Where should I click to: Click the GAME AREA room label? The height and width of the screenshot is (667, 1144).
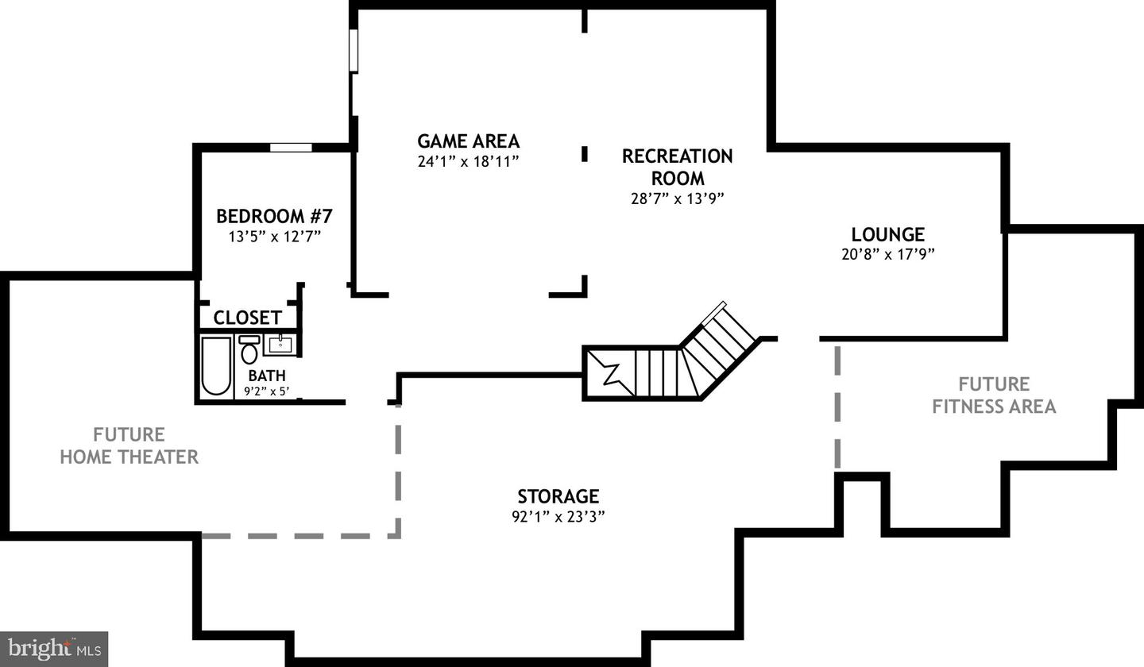point(468,141)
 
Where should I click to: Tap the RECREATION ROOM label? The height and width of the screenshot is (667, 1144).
point(677,167)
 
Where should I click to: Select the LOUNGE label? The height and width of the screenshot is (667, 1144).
point(887,234)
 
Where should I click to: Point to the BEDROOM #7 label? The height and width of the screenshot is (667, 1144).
point(274,216)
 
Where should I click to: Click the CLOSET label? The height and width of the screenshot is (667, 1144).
point(247,318)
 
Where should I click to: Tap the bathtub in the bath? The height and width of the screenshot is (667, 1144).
point(215,365)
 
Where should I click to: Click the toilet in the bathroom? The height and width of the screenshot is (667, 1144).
point(249,350)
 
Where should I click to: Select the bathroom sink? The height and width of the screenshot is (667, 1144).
point(280,345)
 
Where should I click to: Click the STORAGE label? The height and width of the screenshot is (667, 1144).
point(558,496)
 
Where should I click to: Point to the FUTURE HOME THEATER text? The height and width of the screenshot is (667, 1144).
point(129,445)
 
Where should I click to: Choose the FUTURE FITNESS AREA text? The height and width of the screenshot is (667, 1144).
point(994,395)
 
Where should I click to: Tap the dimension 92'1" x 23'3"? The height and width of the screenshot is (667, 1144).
point(558,517)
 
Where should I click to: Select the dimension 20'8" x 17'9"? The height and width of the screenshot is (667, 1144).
point(887,254)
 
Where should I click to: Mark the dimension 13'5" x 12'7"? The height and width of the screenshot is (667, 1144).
point(274,237)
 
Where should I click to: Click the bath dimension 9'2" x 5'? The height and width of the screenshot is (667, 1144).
point(266,391)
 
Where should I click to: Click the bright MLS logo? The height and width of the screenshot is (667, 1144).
point(54,649)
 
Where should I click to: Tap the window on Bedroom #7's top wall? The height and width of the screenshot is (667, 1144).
point(291,147)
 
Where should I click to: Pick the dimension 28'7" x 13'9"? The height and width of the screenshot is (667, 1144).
point(677,199)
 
